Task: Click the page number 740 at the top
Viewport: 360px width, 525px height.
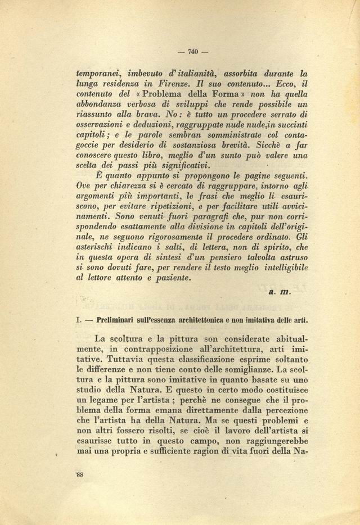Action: pyautogui.click(x=192, y=53)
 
